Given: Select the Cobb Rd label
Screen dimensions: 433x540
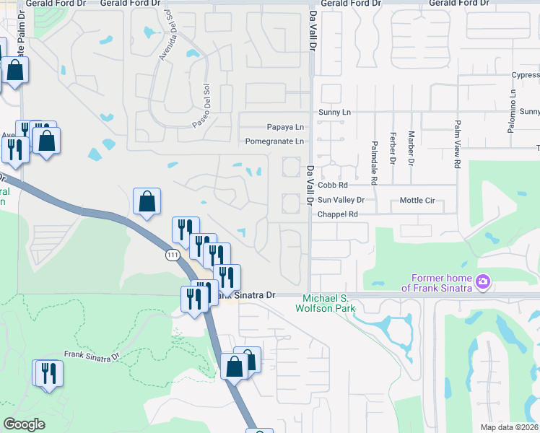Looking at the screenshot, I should click(333, 185).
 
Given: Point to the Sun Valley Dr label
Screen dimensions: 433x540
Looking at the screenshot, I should click(341, 200).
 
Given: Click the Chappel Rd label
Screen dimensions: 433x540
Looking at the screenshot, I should click(338, 214).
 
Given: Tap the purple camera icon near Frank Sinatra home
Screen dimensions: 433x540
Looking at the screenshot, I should click(483, 282).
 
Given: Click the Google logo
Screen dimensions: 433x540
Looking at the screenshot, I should click(25, 424).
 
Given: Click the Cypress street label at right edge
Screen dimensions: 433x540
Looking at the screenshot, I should click(524, 74).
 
